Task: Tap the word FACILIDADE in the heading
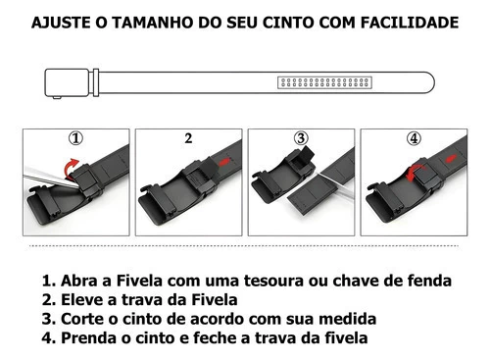coord(410,23)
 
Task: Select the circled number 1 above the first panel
coord(75,138)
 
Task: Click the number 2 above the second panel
coord(188,138)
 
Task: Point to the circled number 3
coord(301,138)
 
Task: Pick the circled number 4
coord(414,138)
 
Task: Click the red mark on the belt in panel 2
coord(224,161)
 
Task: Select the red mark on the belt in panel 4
coord(450,159)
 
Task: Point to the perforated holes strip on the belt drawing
coord(324,82)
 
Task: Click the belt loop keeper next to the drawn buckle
coord(96,82)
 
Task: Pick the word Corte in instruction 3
coord(81,319)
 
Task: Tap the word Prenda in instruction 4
coord(88,337)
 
